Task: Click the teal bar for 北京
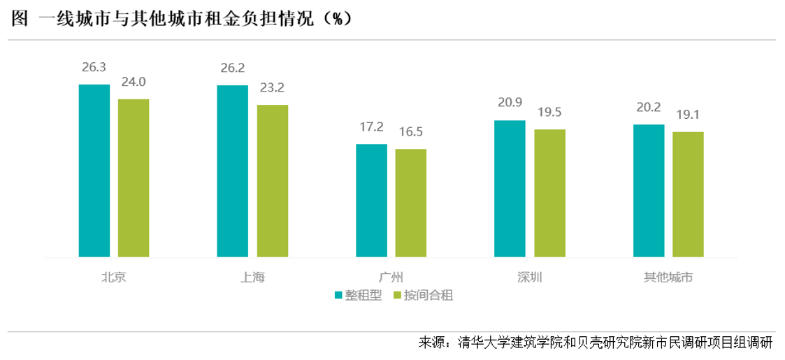(x=94, y=171)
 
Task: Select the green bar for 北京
(x=134, y=178)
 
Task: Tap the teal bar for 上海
(x=233, y=171)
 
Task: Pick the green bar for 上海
(x=273, y=181)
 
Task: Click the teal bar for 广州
(x=372, y=201)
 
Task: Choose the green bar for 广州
(x=411, y=203)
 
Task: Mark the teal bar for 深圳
(x=510, y=189)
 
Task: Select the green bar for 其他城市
(x=688, y=194)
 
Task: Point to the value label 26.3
(x=94, y=67)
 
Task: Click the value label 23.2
(x=273, y=88)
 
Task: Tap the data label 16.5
(x=411, y=131)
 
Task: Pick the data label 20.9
(x=510, y=103)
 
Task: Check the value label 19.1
(x=688, y=115)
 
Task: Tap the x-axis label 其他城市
(x=668, y=277)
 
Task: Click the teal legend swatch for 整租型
(x=339, y=295)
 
